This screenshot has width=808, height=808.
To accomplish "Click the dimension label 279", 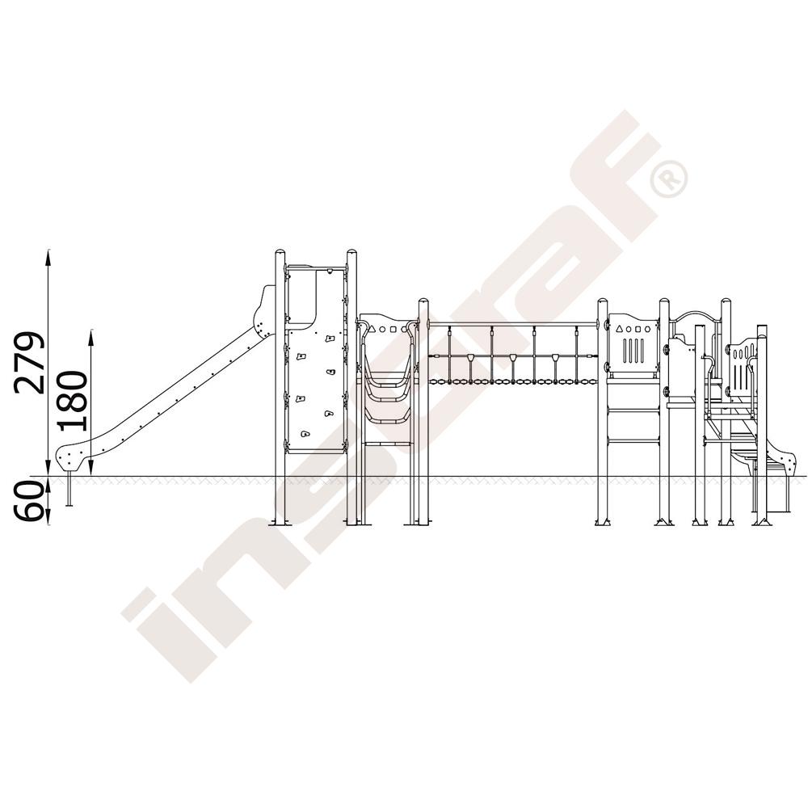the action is click(29, 364).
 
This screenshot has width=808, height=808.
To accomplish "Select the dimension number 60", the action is click(29, 502).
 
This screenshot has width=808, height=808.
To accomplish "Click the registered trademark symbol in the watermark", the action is click(669, 179).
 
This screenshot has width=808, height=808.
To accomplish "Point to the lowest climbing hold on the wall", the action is click(305, 434).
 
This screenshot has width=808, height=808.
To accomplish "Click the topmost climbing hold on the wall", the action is click(330, 339).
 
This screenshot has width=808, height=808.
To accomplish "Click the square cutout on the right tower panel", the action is click(638, 329).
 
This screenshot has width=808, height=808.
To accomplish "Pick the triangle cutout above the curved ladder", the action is click(372, 329).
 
